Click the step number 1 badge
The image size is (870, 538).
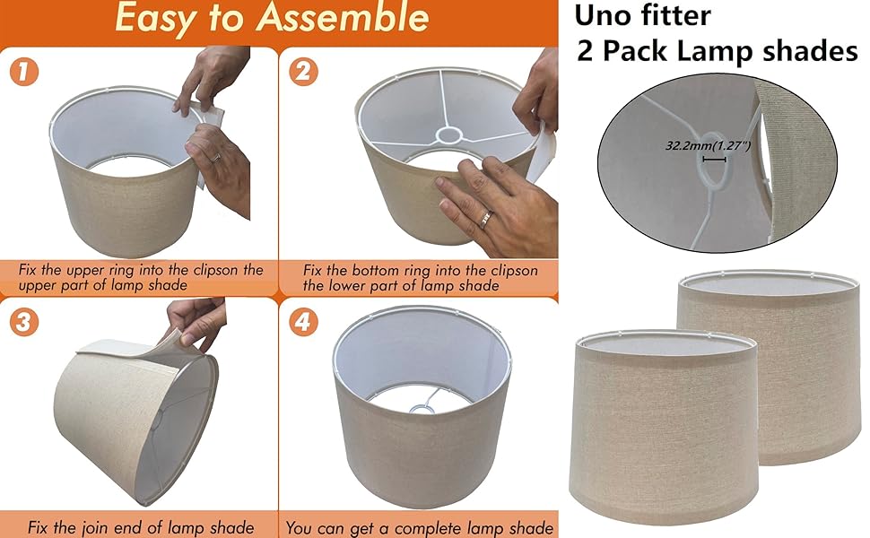[24, 72]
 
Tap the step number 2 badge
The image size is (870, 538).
[303, 72]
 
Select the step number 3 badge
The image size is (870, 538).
[24, 322]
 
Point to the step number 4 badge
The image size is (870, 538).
[303, 322]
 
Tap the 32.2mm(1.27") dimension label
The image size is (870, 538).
[708, 146]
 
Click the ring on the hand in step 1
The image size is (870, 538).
[216, 158]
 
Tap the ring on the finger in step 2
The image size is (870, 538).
[485, 219]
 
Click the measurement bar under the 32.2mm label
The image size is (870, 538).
[714, 160]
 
